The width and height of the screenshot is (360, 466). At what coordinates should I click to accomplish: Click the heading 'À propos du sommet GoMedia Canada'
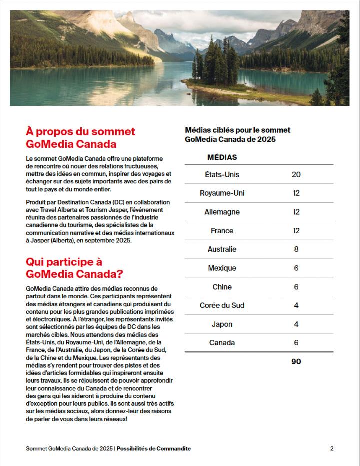coord(80,138)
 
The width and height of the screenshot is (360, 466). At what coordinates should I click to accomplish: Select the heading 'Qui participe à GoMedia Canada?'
coord(75,268)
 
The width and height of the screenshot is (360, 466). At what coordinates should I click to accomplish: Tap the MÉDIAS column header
coord(222,157)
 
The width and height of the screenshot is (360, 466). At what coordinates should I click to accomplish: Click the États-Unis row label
coord(222,175)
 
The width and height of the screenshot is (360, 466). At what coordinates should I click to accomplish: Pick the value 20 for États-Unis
coord(296,175)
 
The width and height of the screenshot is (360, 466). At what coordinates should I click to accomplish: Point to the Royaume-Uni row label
coord(222,193)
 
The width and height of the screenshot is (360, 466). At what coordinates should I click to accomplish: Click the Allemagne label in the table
coord(222,212)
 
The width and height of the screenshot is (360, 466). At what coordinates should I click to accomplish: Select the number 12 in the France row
coord(296,231)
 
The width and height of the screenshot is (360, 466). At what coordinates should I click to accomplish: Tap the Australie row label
coord(222,249)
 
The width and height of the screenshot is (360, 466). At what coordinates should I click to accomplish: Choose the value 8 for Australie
coord(296,249)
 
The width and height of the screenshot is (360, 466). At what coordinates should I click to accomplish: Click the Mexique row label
coord(222,268)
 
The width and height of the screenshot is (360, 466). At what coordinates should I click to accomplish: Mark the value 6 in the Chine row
coord(296,287)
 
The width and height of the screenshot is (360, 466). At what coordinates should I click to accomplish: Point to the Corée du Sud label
coord(222,305)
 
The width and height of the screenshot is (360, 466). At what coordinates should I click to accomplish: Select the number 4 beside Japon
coord(296,324)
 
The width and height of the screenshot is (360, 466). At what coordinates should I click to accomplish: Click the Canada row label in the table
coord(222,343)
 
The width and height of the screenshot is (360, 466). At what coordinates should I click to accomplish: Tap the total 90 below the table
coord(296,361)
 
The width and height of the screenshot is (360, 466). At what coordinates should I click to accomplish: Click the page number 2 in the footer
coord(332,448)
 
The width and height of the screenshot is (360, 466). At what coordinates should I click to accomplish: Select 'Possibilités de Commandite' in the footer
coord(154,448)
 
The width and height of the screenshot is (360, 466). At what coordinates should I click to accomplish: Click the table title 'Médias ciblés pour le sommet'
coord(237,130)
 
